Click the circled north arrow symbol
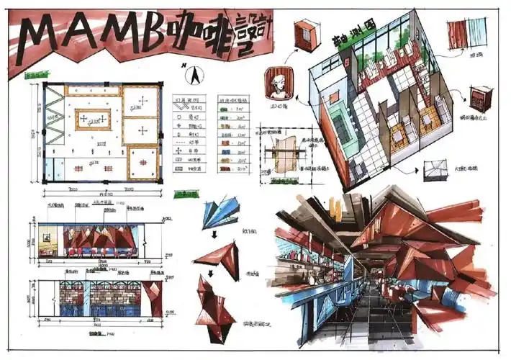[x=192, y=72]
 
